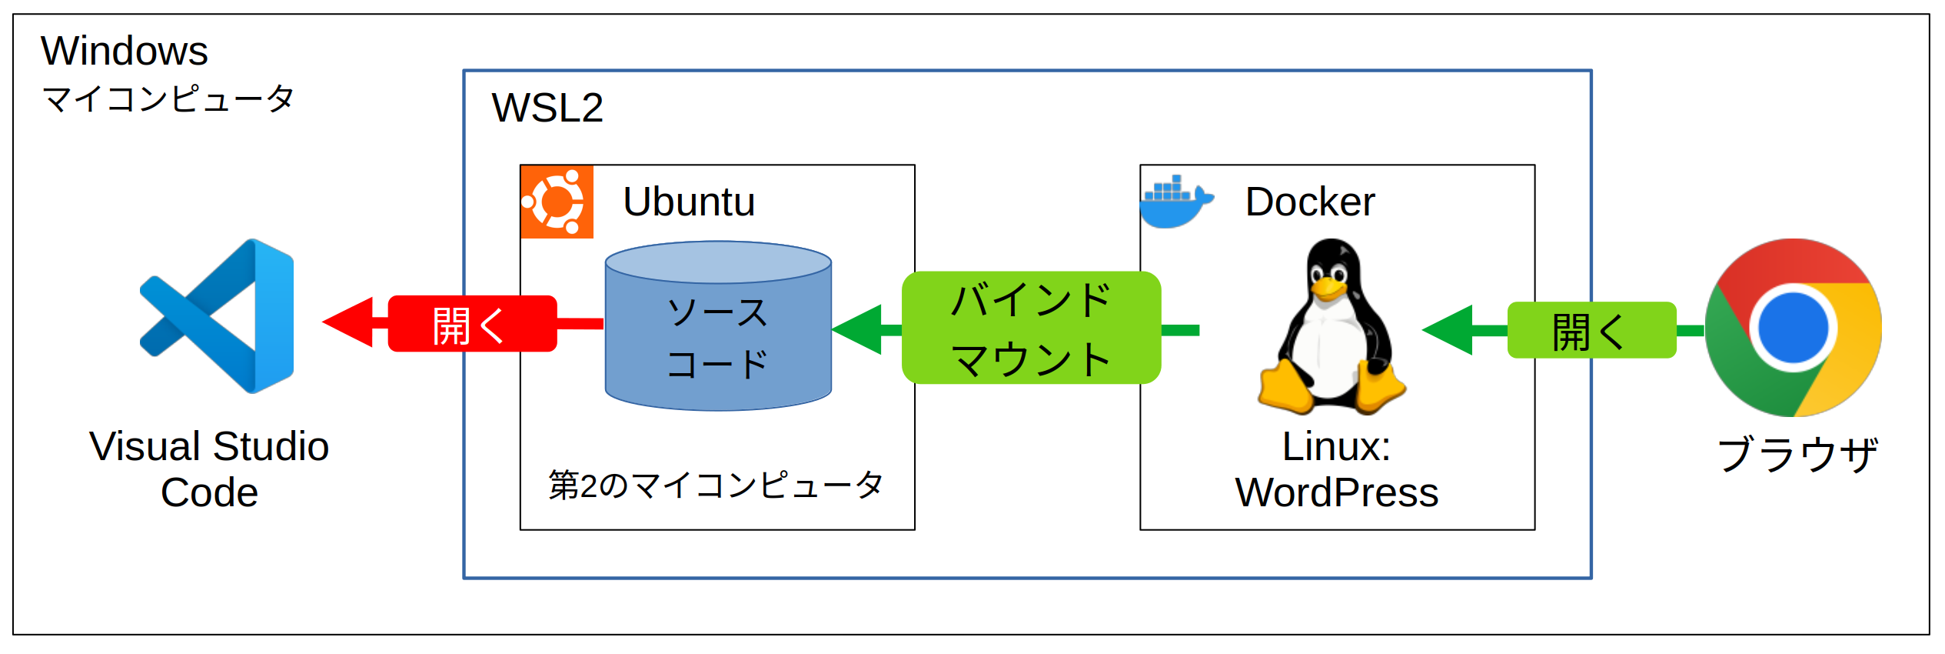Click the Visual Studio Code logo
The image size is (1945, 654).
coord(218,316)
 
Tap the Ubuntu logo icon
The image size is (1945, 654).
coord(557,202)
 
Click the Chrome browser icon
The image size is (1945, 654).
coord(1793,328)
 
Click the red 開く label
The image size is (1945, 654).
coord(471,324)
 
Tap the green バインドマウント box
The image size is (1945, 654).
coord(1031,329)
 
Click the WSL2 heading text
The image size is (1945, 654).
coord(547,108)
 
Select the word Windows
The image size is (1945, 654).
coord(125,52)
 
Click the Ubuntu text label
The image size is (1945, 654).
coord(689,202)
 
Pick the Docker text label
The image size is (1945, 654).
coord(1310,202)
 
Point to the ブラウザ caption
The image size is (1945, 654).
coord(1797,454)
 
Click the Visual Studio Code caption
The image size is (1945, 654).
coord(209,469)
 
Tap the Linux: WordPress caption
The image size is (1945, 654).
coord(1336,469)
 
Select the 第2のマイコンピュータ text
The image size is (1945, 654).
coord(716,485)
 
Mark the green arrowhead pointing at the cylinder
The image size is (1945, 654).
coord(858,329)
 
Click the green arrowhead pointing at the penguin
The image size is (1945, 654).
coord(1448,330)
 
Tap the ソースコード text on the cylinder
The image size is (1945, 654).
coord(717,339)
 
